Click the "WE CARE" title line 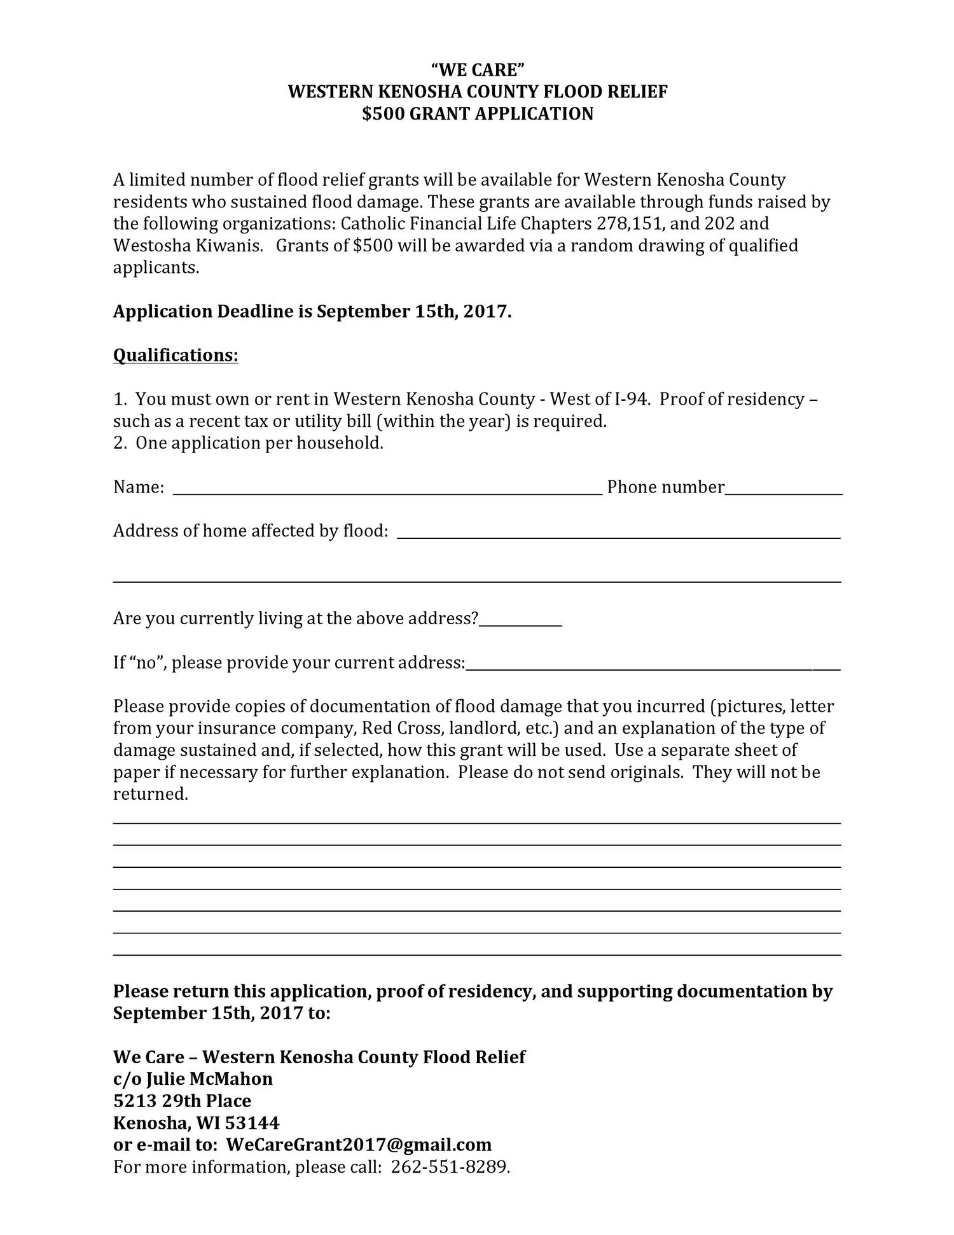coord(478,69)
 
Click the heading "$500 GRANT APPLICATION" coord(478,114)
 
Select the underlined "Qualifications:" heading coord(176,355)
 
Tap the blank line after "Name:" coord(387,489)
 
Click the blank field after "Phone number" coord(784,489)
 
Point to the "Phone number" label coord(665,487)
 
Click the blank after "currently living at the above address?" coord(521,620)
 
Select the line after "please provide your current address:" coord(653,664)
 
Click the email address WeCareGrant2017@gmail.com coord(359,1145)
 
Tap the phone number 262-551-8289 coord(450,1167)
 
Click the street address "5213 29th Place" coord(182,1101)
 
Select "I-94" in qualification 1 coord(631,399)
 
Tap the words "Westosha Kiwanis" coord(188,246)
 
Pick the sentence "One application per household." coord(259,443)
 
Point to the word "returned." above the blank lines coord(151,794)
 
